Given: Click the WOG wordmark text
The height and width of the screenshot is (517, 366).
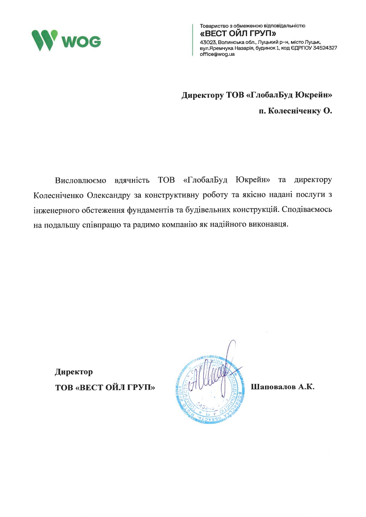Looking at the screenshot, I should (81, 42).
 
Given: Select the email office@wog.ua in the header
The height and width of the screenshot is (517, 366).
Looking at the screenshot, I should (217, 54).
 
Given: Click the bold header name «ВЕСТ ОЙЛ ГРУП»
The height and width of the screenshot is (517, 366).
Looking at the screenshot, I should (238, 33).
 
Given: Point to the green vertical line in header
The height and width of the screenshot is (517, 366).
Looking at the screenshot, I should (193, 40).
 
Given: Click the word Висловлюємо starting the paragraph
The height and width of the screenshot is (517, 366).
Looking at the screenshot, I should (81, 180).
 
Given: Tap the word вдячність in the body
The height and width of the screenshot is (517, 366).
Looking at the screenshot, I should (132, 180).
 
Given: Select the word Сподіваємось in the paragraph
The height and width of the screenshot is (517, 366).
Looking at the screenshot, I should (307, 210).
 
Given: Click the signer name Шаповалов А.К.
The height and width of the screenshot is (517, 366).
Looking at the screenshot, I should (282, 387).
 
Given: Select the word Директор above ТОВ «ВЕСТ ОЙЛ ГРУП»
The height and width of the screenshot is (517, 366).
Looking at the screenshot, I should (74, 372).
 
